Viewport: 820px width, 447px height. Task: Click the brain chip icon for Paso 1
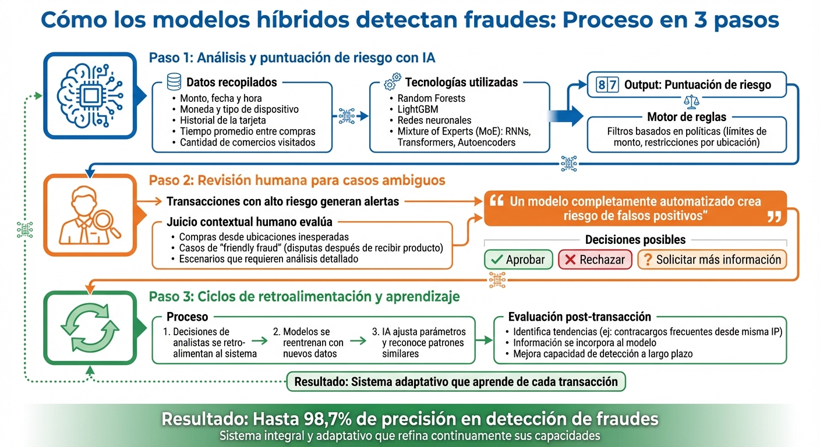[x=90, y=96]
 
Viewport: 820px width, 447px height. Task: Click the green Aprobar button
[x=518, y=260]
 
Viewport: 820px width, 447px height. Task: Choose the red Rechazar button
[x=595, y=260]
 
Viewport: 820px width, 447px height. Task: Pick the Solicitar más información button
[x=712, y=260]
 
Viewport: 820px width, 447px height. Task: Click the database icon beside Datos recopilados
[x=174, y=82]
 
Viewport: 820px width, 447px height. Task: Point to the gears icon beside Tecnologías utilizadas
[x=393, y=83]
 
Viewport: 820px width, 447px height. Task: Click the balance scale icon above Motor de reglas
[x=692, y=102]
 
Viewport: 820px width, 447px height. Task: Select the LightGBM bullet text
[x=418, y=109]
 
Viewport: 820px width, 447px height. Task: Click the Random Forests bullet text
[x=431, y=98]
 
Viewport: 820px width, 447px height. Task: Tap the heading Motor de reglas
[x=687, y=117]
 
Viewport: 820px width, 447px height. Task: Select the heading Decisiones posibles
[x=635, y=240]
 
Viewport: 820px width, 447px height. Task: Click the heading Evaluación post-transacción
[x=579, y=317]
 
